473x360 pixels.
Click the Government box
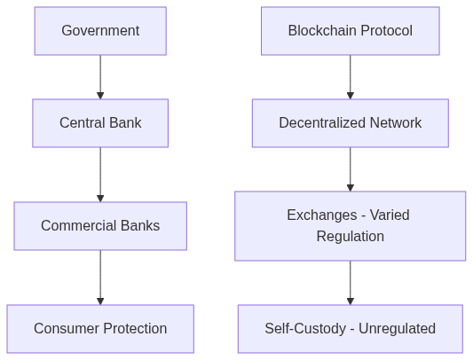[x=100, y=31]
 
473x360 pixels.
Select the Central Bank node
[x=100, y=122]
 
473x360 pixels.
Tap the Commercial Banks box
[x=100, y=225]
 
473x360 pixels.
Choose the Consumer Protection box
[x=100, y=328]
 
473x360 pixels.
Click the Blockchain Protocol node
[x=350, y=31]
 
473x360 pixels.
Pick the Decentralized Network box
[x=350, y=122]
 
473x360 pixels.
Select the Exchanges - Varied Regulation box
[x=350, y=225]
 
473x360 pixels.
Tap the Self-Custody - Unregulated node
[x=350, y=328]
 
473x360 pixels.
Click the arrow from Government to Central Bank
[x=100, y=76]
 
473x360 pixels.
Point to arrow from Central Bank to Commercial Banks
[x=100, y=174]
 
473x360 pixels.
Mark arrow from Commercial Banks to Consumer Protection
[x=100, y=278]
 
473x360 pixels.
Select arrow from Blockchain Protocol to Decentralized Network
[x=350, y=76]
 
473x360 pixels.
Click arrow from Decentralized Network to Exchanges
[x=350, y=168]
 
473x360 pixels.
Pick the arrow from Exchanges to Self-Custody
[x=350, y=282]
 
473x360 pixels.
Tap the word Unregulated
[x=398, y=328]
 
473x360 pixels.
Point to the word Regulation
[x=350, y=236]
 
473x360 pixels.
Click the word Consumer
[x=65, y=328]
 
